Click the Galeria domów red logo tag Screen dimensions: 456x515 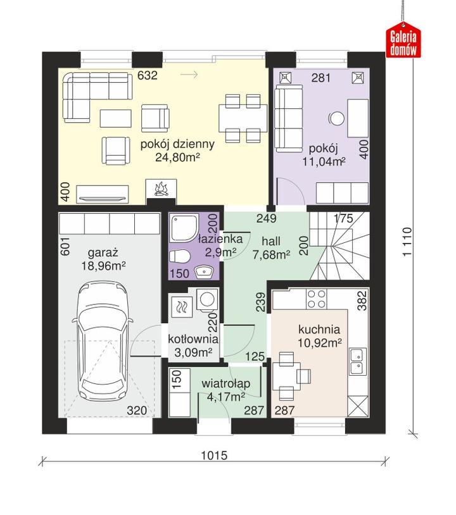click(403, 40)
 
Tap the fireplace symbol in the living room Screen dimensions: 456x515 click(161, 189)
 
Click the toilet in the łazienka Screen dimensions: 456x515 click(179, 256)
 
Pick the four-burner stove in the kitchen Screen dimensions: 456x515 click(316, 299)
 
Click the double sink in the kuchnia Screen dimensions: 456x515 click(358, 361)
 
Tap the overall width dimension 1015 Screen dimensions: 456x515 click(214, 456)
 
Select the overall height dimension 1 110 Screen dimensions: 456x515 click(407, 242)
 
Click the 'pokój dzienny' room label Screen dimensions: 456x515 click(177, 144)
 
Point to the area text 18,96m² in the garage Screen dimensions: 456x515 click(104, 266)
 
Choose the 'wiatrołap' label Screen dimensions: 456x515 click(226, 383)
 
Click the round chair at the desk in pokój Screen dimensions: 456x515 click(336, 118)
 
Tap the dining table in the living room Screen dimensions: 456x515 click(243, 118)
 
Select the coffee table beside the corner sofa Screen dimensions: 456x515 click(116, 118)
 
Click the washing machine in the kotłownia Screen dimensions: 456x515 click(208, 299)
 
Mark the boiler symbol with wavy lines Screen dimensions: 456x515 click(182, 307)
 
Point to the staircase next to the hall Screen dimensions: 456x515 click(339, 246)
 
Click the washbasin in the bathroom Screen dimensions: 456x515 click(205, 272)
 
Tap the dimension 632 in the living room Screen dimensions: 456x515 click(148, 75)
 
